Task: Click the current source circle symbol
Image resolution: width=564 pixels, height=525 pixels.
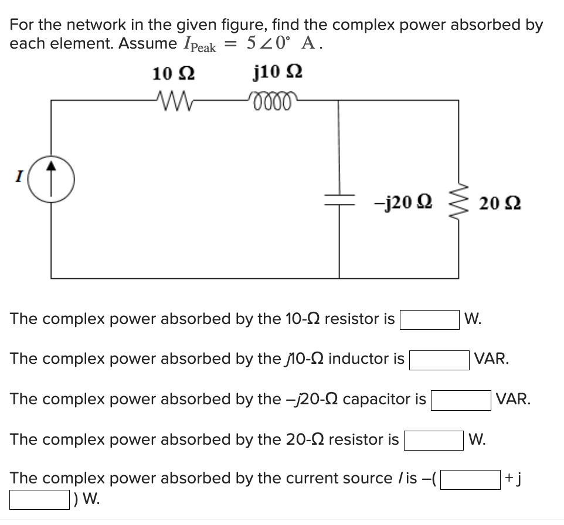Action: point(52,177)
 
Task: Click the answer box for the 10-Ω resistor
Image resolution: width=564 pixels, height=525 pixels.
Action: point(429,320)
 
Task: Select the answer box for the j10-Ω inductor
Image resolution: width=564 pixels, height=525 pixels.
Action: point(439,360)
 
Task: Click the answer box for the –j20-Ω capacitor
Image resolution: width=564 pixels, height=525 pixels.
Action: point(461,401)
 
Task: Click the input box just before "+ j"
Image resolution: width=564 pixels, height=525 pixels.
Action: point(470,480)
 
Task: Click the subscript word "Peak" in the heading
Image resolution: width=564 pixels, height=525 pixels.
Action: point(203,48)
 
